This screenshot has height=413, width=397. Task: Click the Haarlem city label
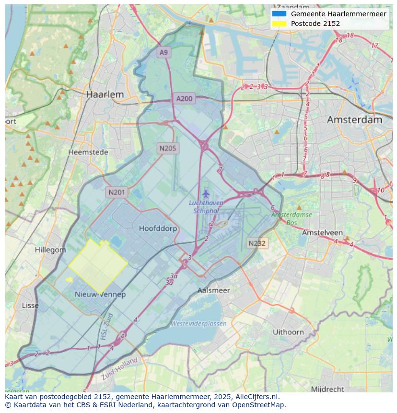(x=105, y=94)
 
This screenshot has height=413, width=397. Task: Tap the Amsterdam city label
(x=354, y=120)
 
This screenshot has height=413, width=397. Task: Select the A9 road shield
(x=164, y=52)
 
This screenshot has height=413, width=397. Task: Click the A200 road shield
(x=184, y=99)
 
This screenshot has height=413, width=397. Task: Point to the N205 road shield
(x=168, y=148)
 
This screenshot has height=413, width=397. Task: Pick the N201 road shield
(x=117, y=192)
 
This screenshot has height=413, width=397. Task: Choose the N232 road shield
(x=257, y=243)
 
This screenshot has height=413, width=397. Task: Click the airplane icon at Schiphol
(x=206, y=194)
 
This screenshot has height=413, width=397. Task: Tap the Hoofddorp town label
(x=158, y=229)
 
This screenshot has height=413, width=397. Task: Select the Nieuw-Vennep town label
(x=100, y=295)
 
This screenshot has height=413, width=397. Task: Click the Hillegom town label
(x=50, y=250)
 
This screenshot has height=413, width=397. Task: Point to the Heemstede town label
(x=88, y=152)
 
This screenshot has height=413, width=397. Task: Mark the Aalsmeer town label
(x=214, y=291)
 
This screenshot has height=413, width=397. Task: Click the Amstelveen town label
(x=322, y=233)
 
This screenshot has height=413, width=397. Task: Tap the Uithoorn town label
(x=288, y=332)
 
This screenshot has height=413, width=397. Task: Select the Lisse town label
(x=30, y=306)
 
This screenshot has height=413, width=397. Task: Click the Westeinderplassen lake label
(x=198, y=324)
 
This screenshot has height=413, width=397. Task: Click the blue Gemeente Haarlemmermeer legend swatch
(x=279, y=14)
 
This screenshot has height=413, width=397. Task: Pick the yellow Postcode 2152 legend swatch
(x=279, y=24)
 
